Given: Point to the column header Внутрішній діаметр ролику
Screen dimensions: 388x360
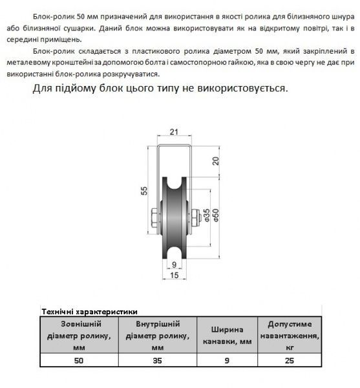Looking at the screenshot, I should [x=158, y=334].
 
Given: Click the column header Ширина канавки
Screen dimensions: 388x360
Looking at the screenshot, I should [x=226, y=334].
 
